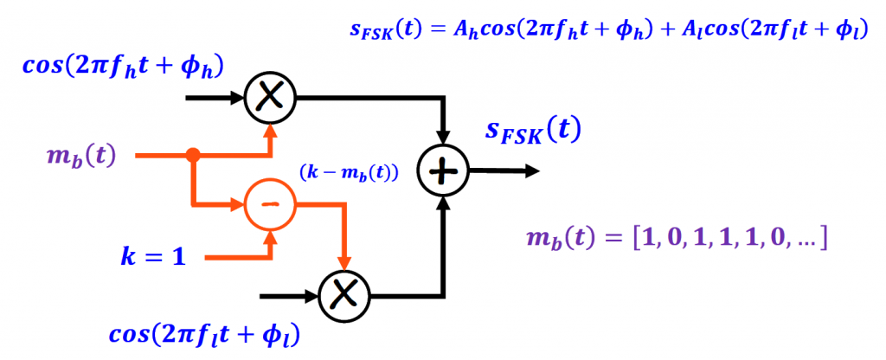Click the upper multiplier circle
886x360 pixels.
click(271, 98)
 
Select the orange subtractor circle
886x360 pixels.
click(271, 205)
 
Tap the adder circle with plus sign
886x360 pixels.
click(443, 172)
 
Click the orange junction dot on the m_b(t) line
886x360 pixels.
click(193, 156)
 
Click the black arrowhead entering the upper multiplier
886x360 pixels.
click(237, 98)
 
